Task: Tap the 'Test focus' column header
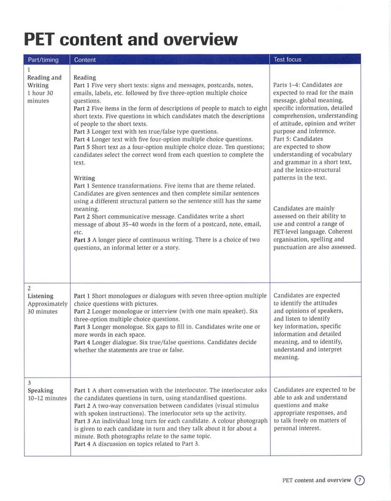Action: [287, 59]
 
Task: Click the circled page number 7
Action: [360, 481]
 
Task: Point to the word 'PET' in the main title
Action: [44, 40]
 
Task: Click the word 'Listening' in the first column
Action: [42, 296]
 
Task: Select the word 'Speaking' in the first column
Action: [40, 390]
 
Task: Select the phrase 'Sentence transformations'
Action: [136, 186]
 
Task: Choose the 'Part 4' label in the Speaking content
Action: [84, 444]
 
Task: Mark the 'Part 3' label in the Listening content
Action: [84, 327]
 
